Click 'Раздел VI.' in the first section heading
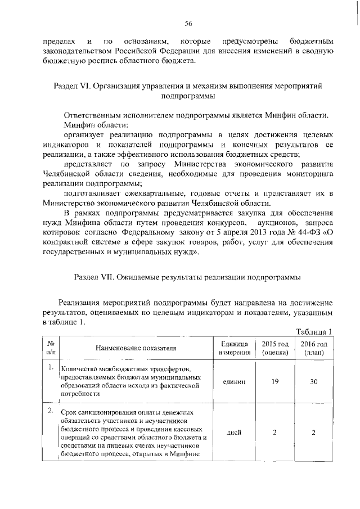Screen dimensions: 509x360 (x=71, y=86)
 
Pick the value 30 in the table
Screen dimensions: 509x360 (x=313, y=381)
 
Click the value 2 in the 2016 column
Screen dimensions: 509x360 (x=313, y=433)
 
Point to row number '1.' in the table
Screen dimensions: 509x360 (x=51, y=368)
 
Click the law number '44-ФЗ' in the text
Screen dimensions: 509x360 (x=304, y=233)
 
